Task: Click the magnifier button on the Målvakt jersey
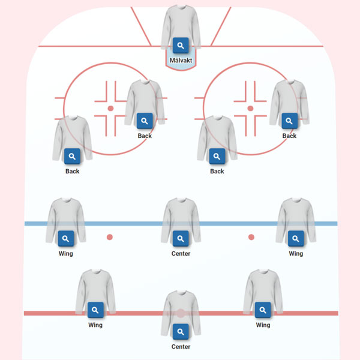(x=181, y=45)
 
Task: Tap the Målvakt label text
(x=181, y=60)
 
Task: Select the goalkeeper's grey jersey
(x=181, y=24)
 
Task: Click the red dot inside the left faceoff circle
(x=110, y=109)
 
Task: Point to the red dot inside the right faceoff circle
(x=251, y=109)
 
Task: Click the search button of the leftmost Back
(x=72, y=157)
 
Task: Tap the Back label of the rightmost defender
(x=289, y=136)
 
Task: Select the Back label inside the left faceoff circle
(x=145, y=136)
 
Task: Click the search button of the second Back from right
(x=217, y=157)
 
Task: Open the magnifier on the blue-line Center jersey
(x=181, y=239)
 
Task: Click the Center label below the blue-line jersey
(x=181, y=254)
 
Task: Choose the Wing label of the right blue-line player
(x=296, y=254)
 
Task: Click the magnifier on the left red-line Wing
(x=95, y=310)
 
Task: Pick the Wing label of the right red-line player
(x=263, y=325)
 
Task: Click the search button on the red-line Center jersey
(x=181, y=332)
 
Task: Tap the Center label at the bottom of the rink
(x=181, y=347)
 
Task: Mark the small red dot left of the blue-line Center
(x=110, y=237)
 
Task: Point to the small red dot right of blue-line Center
(x=251, y=237)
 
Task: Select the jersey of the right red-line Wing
(x=263, y=288)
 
